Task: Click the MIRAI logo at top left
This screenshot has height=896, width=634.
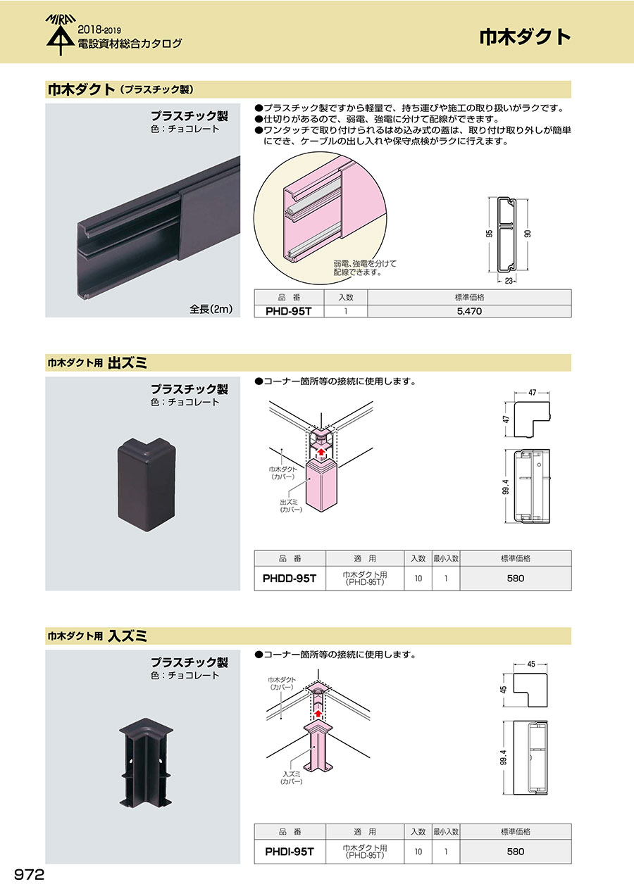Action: [x=61, y=34]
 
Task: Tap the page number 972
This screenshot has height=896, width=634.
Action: [x=29, y=875]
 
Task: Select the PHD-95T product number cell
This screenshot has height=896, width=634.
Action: [x=289, y=311]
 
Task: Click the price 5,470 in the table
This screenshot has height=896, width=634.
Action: [x=469, y=311]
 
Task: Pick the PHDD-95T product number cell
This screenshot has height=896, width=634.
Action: [x=290, y=579]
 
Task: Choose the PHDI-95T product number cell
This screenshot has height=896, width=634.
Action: [x=290, y=852]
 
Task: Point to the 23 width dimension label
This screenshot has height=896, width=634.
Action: [x=509, y=281]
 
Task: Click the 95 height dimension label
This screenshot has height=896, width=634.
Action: [x=489, y=234]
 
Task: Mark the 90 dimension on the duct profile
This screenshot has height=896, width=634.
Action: [x=528, y=234]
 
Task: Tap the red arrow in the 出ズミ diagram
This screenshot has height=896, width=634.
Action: [x=321, y=453]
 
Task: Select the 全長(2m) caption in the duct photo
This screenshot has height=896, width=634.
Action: [x=211, y=309]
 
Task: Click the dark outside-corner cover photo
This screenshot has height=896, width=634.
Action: [x=147, y=484]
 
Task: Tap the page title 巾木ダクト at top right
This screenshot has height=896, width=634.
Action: [x=525, y=37]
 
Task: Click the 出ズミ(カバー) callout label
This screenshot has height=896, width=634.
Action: [x=291, y=506]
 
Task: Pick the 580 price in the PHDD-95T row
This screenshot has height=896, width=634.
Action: [x=516, y=579]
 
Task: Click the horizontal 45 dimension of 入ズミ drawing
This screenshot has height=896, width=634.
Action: [x=531, y=664]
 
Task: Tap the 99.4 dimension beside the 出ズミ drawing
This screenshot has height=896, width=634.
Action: [x=506, y=487]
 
